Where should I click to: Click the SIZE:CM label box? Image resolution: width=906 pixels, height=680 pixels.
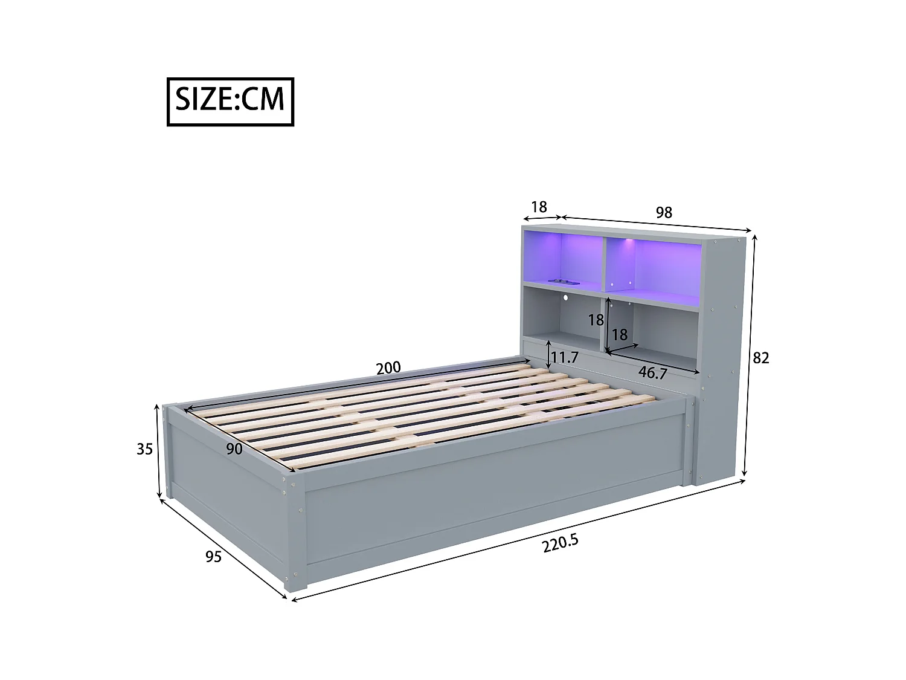coord(230,102)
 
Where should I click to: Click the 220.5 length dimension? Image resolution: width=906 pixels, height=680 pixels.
coord(560,543)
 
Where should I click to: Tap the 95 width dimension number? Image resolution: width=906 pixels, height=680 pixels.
coord(213,556)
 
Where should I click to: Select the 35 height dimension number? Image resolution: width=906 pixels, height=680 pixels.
coord(144,449)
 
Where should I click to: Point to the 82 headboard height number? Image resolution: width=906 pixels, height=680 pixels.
coord(760,358)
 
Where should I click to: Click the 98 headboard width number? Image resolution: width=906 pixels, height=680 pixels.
coord(663,213)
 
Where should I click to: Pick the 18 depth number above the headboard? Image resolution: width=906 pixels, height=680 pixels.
coord(538,207)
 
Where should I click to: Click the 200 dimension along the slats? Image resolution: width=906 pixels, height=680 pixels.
coord(388,368)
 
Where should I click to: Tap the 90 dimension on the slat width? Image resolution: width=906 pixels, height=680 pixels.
coord(234,448)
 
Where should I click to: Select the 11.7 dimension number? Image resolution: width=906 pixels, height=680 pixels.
coord(565,358)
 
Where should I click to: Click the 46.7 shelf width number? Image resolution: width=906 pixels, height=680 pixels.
coord(652,373)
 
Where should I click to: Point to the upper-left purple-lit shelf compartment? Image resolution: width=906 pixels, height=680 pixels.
coord(562,257)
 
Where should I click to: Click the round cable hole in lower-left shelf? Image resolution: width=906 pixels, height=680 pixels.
coord(567,298)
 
